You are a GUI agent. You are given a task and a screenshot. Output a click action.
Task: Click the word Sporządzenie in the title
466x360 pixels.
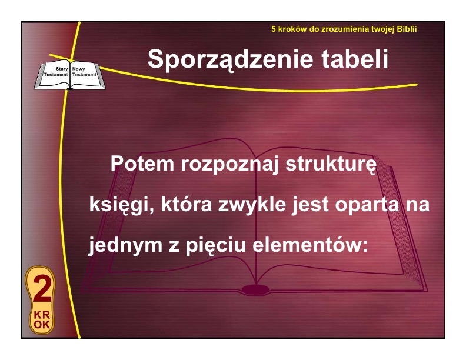(x=230, y=59)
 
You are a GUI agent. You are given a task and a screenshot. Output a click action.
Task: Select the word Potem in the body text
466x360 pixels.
(x=142, y=164)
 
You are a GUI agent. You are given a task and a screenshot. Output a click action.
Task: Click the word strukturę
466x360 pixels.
(x=331, y=164)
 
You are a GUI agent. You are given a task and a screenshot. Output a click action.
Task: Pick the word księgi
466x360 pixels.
(x=121, y=205)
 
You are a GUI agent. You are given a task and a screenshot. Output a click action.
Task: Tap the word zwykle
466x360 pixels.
(x=252, y=205)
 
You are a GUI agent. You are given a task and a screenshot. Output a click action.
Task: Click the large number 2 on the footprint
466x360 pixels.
(x=42, y=288)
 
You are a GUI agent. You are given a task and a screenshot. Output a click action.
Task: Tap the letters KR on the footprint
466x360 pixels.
(x=42, y=315)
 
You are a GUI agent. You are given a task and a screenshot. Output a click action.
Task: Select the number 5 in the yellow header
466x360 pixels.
(x=274, y=29)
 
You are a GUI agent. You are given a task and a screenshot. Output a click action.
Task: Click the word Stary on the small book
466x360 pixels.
(x=62, y=69)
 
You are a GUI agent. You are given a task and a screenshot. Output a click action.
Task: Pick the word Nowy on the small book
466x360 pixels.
(x=78, y=69)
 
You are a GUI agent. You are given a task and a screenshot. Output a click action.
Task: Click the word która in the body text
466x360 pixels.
(x=187, y=205)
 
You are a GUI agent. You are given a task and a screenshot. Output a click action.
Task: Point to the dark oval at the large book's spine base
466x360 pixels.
(x=255, y=289)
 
